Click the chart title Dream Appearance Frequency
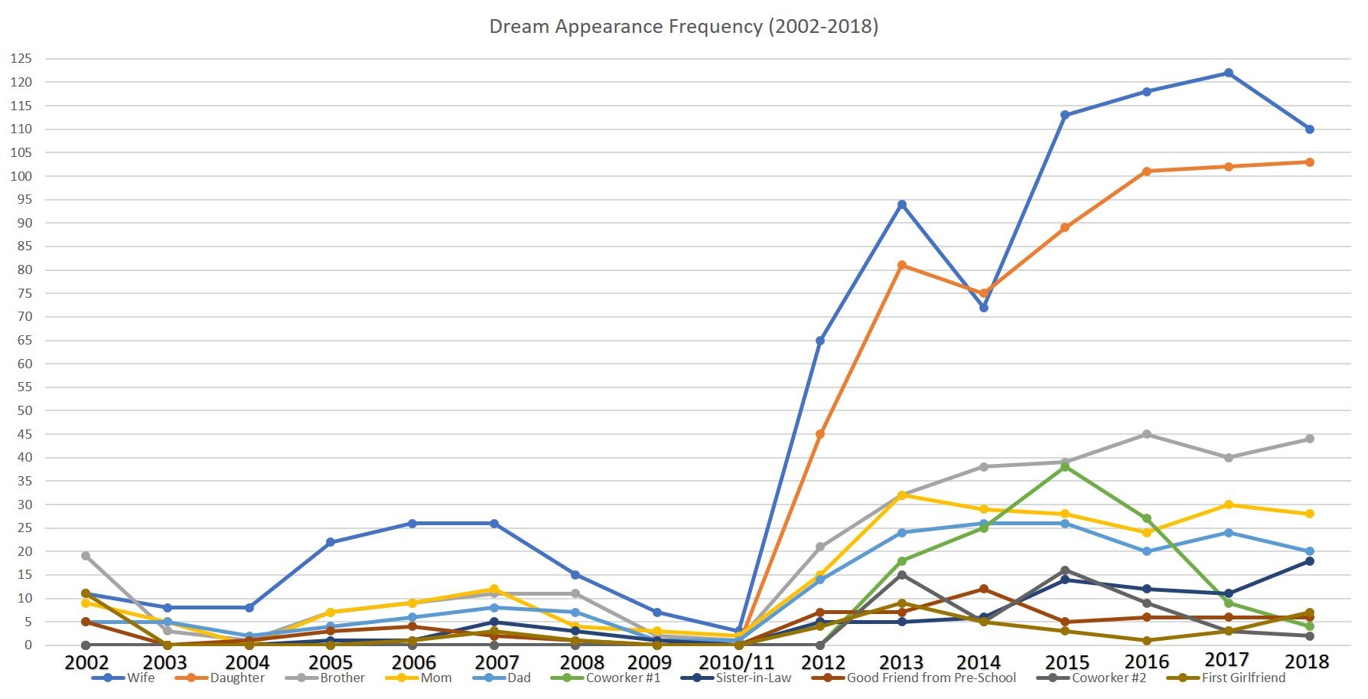[683, 27]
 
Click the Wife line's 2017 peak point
[1228, 73]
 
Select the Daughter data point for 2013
[902, 266]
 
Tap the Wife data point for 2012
[820, 341]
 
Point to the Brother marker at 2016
[1146, 435]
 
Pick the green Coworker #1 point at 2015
[1065, 467]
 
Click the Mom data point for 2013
[902, 495]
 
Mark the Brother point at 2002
[86, 557]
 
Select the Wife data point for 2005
[331, 542]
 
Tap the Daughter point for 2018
[1310, 162]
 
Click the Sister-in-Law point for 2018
[1310, 561]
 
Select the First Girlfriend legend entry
[1243, 678]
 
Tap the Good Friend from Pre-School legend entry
[931, 678]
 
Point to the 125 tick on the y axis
[21, 59]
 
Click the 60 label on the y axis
[24, 364]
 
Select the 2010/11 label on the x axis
[736, 662]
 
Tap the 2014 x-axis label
[979, 662]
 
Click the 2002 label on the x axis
[86, 662]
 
